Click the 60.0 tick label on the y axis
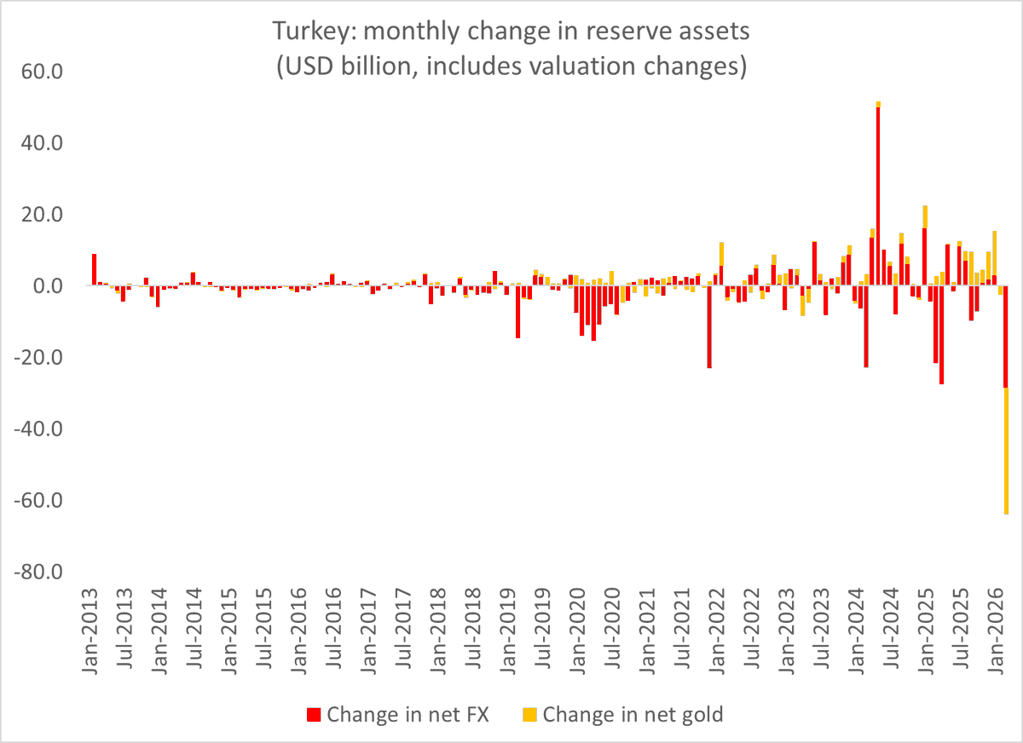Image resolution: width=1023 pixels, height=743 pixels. pos(41,72)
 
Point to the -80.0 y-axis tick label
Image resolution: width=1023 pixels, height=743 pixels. pos(38,572)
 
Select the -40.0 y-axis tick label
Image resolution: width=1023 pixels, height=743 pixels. pos(38,429)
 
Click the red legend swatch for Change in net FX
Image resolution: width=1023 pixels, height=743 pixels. pos(312,714)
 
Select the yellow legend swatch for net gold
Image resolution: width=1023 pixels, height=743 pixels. pos(529,714)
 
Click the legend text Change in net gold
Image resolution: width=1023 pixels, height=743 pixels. pos(633,714)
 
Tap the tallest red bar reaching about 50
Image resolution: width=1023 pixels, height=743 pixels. pos(878,196)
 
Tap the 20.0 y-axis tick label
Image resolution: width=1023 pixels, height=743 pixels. pos(41,215)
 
